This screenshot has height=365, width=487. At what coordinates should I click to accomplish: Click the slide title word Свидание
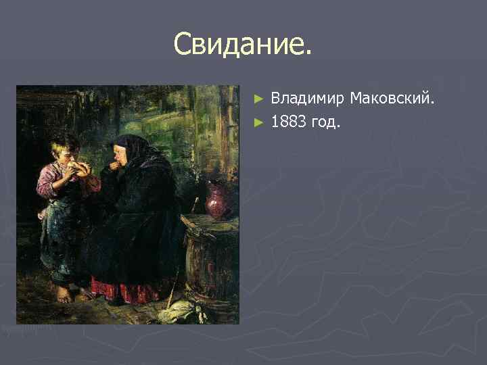click(243, 45)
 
